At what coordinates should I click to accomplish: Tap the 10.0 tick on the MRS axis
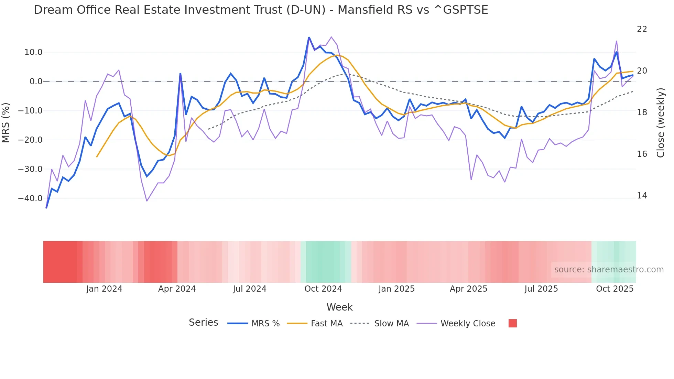point(33,52)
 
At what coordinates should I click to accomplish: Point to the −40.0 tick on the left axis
point(30,198)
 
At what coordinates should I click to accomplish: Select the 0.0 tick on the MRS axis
point(36,82)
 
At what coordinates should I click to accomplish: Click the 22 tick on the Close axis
point(642,29)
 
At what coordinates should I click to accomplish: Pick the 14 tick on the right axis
point(642,196)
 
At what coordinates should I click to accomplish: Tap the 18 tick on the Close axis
point(642,112)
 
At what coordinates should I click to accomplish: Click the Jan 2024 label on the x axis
point(104,289)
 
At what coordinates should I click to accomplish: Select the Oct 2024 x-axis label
point(323,289)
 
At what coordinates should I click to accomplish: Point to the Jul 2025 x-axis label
point(541,289)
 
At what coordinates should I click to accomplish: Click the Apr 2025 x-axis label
point(468,289)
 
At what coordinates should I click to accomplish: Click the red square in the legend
point(512,323)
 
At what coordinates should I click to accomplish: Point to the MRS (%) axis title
point(6,123)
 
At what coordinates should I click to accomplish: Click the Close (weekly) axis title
point(661,123)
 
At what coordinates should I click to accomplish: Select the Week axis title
point(339,307)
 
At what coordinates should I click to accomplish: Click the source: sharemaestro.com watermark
point(609,270)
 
